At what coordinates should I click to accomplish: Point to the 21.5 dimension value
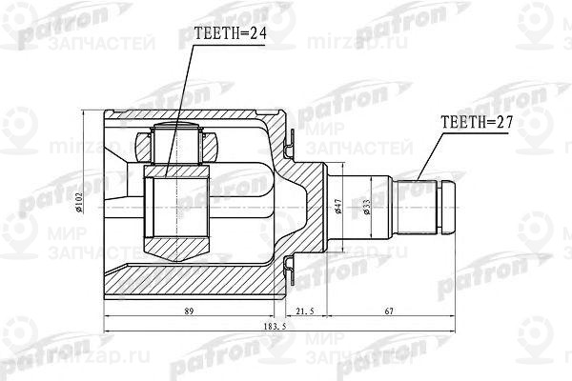306,311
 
